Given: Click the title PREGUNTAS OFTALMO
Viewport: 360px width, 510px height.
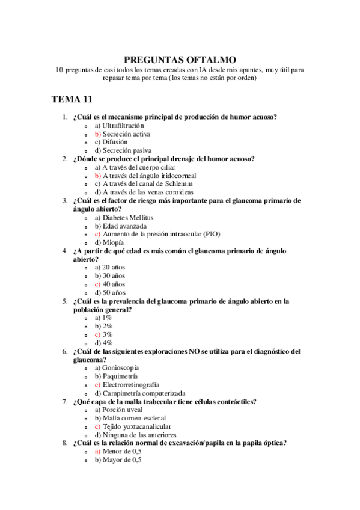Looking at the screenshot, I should [x=180, y=60].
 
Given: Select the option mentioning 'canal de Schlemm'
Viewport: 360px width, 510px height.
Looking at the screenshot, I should [x=148, y=183].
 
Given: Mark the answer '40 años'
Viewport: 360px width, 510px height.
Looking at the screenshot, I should [x=114, y=283].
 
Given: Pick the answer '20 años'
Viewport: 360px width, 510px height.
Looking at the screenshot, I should [x=114, y=266].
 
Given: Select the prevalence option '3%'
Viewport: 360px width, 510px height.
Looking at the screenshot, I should [x=108, y=334].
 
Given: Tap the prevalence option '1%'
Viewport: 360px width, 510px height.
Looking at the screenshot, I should [x=108, y=317].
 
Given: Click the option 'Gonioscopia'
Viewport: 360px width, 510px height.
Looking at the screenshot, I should [x=121, y=367].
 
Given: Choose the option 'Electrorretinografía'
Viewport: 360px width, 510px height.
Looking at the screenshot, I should [x=130, y=384].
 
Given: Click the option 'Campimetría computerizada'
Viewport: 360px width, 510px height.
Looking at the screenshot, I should [x=139, y=393].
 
